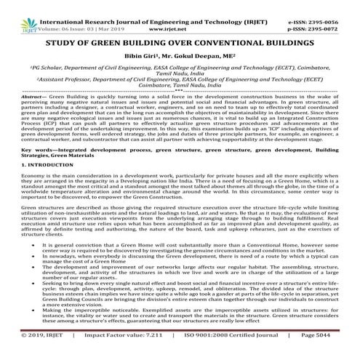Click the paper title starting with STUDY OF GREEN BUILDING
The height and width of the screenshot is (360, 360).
tap(180, 30)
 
